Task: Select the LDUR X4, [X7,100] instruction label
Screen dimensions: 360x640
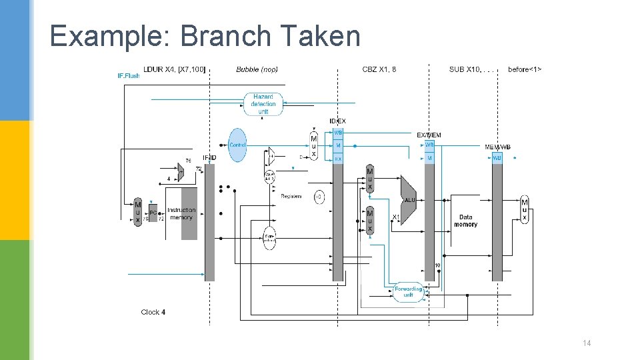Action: pos(175,69)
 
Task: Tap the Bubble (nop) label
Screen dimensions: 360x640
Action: pos(257,69)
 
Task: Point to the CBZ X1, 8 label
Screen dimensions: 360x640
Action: pos(379,69)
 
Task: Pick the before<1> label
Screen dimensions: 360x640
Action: pos(525,69)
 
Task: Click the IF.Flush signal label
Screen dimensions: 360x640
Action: pos(129,76)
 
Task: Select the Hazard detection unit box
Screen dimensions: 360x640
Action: pos(263,104)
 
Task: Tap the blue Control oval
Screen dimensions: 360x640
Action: pos(237,145)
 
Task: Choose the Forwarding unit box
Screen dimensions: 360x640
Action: pos(408,291)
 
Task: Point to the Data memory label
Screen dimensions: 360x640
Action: pos(465,221)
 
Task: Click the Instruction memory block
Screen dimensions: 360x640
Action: pos(181,213)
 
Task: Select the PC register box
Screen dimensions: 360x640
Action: pos(153,213)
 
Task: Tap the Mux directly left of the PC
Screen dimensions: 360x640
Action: pos(138,212)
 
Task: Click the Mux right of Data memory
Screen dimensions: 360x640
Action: pos(525,209)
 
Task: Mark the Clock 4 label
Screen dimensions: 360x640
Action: pos(153,312)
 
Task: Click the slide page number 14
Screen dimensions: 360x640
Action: pos(587,343)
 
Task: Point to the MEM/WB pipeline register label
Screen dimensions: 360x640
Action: pos(497,147)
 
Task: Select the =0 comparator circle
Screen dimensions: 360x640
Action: pos(319,197)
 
